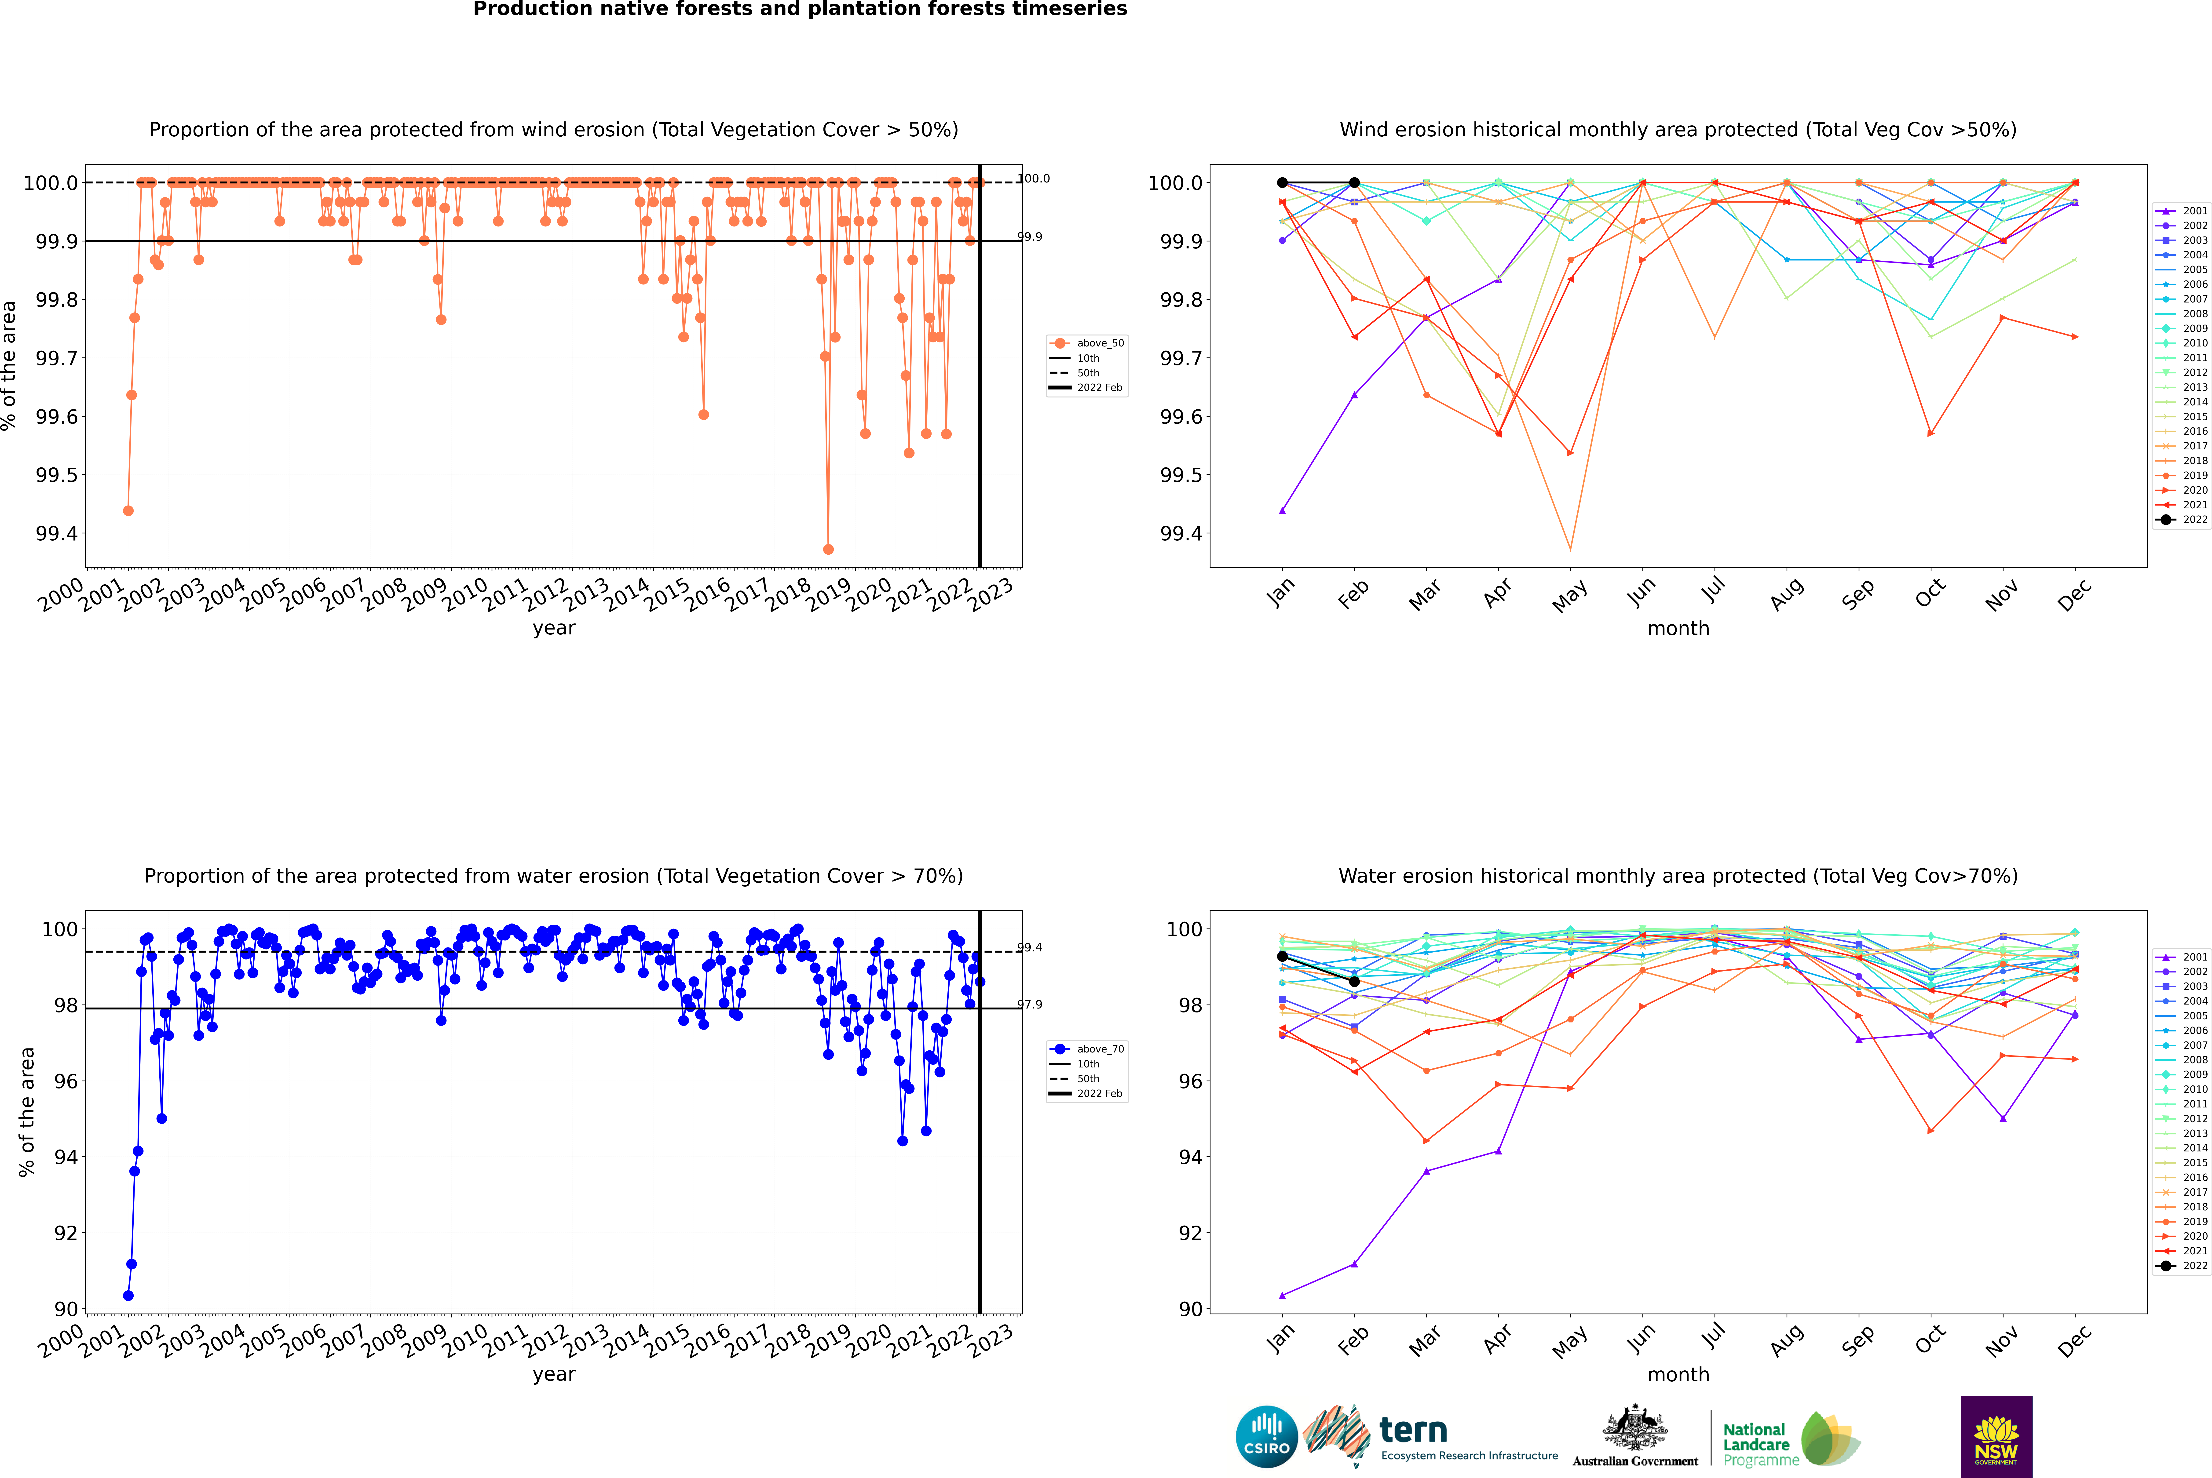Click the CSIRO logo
(x=1266, y=1437)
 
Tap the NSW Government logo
(x=1996, y=1437)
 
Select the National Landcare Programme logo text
(x=1756, y=1444)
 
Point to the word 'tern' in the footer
(x=1412, y=1430)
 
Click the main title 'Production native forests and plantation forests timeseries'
(x=800, y=9)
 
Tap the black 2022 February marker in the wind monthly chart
(x=1354, y=183)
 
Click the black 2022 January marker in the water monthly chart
(x=1282, y=956)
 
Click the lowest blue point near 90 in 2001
(x=128, y=1295)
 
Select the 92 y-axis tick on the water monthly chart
(x=1191, y=1233)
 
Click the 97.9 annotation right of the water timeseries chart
(x=1030, y=1005)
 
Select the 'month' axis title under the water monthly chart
(x=1677, y=1374)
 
